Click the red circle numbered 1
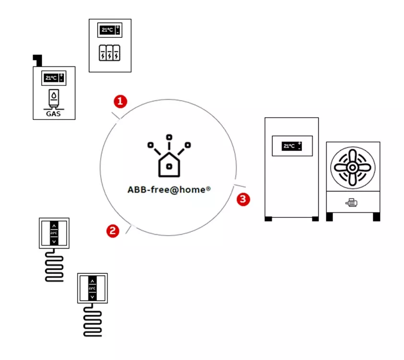click(120, 101)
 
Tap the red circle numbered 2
click(113, 231)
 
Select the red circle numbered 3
click(244, 199)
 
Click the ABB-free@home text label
click(169, 189)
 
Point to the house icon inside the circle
click(169, 161)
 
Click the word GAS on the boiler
click(53, 114)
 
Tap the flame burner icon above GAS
click(54, 98)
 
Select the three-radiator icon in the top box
click(110, 53)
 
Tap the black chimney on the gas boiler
click(37, 60)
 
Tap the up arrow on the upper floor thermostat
click(54, 225)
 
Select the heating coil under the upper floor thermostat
click(54, 267)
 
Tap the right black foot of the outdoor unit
click(376, 217)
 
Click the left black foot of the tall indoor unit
click(268, 219)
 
